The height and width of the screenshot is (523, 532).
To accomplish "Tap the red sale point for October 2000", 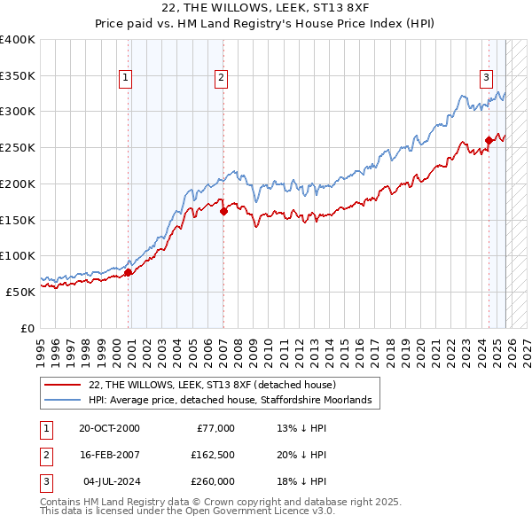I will click(x=128, y=272).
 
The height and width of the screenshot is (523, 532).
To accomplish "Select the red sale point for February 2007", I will click(x=223, y=210).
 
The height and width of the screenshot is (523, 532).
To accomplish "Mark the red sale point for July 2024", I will click(x=489, y=139).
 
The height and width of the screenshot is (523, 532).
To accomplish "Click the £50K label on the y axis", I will click(x=20, y=292).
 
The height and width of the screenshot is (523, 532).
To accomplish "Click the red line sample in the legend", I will click(x=63, y=386).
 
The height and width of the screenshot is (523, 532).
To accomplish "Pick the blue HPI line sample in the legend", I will click(x=63, y=401).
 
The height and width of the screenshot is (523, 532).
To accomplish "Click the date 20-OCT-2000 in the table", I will click(x=109, y=428).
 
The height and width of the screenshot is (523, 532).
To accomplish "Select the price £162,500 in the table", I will click(x=213, y=455).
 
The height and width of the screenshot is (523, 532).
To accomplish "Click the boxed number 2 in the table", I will click(x=43, y=455).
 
